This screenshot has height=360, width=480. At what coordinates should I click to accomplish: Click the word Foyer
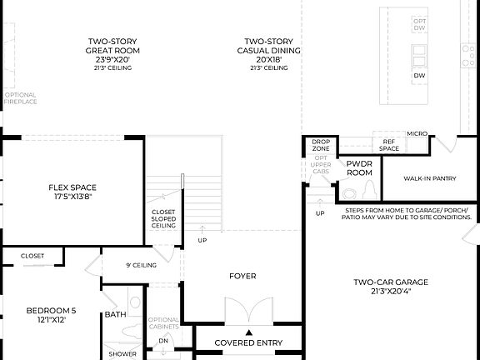point(242,276)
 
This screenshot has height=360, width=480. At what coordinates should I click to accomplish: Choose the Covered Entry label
point(248,342)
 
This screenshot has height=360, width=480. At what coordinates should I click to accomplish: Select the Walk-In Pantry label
point(429,178)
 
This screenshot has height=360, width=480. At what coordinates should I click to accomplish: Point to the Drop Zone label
point(321,145)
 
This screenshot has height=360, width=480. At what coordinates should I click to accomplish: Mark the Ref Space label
point(389,145)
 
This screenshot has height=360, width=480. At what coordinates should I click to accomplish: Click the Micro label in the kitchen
point(417,133)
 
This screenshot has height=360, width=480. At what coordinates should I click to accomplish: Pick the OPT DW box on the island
point(419,24)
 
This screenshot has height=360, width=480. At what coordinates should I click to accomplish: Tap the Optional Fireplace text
point(20,98)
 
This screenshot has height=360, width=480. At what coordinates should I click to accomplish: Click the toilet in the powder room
point(348,197)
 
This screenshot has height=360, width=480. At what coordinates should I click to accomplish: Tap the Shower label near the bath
point(122,354)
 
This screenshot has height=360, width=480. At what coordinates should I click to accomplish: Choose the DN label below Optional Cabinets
point(163,340)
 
